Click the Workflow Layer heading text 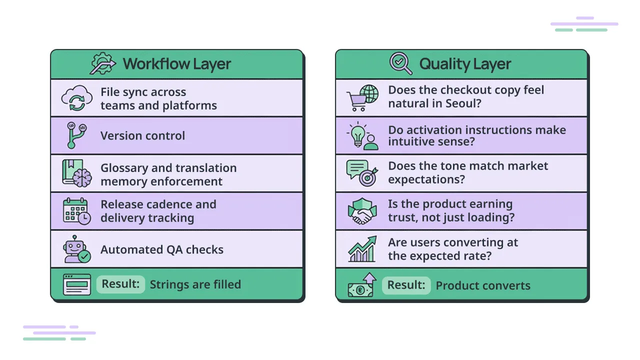pos(177,64)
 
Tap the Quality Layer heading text pos(465,64)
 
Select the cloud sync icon pos(76,98)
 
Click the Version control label pos(142,136)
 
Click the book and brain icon pos(76,173)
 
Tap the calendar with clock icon pos(76,211)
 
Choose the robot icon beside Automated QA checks pos(77,249)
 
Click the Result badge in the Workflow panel pos(120,284)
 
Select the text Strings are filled pos(195,285)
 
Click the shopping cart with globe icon pos(363,98)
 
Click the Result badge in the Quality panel pos(406,285)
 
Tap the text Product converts pos(483,286)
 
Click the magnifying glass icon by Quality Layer pos(400,63)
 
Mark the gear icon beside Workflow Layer pos(102,63)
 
